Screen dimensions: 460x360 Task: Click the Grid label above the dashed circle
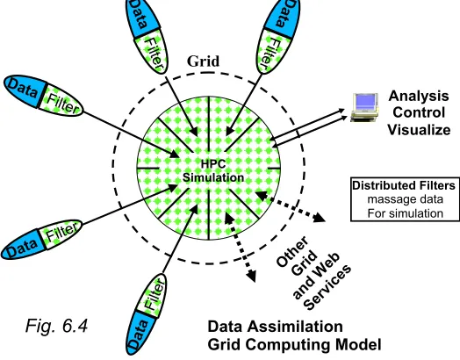tap(203, 61)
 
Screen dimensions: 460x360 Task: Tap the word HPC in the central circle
tap(213, 163)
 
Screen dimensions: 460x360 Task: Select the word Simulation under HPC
tap(213, 177)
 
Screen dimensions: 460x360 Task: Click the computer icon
tap(364, 107)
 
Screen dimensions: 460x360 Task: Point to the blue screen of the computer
tap(365, 101)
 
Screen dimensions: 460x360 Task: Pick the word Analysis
tap(419, 96)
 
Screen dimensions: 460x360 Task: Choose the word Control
tap(419, 112)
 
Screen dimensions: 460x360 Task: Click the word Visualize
tap(419, 129)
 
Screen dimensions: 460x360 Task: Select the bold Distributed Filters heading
tap(404, 185)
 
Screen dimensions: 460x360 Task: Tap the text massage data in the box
tap(406, 199)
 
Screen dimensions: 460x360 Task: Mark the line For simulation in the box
tap(406, 213)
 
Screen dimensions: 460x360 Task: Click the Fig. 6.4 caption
tap(56, 326)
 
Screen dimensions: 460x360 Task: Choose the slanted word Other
tap(292, 252)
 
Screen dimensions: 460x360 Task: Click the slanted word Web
tap(328, 264)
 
